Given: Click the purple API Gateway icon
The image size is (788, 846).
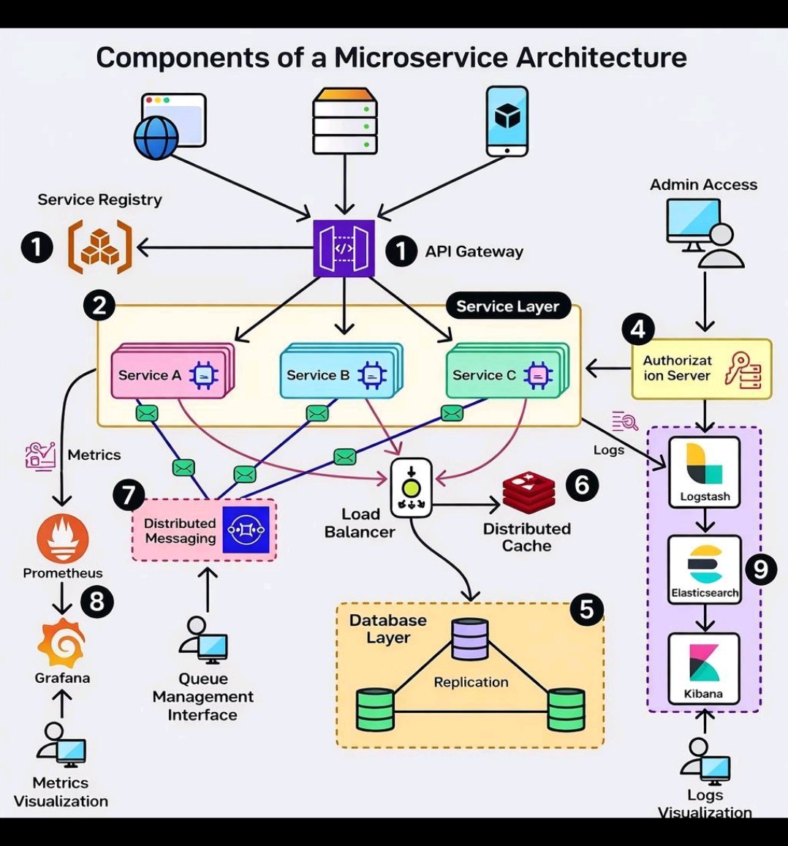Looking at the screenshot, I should (x=344, y=249).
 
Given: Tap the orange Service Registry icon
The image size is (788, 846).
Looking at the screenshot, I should (x=100, y=249).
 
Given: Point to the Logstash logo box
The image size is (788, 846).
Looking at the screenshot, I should (x=705, y=472).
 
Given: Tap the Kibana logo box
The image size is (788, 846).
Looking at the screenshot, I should (x=704, y=668).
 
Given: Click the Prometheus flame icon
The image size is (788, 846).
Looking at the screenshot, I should (x=62, y=540).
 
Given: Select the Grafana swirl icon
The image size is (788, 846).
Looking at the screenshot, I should (x=61, y=643).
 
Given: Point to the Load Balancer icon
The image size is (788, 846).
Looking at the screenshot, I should (x=411, y=488).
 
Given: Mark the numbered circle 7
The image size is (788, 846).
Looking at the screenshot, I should (x=129, y=495).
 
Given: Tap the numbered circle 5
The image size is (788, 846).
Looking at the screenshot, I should (x=586, y=608).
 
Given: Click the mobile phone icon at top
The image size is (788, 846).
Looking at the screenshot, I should (x=507, y=121).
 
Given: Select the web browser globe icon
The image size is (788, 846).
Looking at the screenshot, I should (x=156, y=137).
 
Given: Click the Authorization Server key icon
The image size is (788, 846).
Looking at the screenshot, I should (x=743, y=370).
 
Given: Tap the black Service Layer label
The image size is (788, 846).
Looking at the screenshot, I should (x=507, y=306).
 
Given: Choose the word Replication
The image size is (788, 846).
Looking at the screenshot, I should (x=471, y=682).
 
